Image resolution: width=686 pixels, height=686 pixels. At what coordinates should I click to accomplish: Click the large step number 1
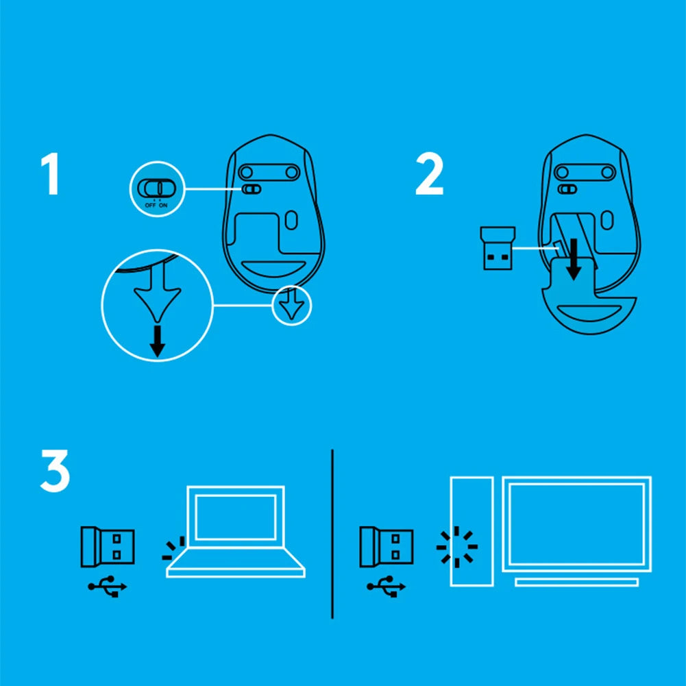tap(51, 173)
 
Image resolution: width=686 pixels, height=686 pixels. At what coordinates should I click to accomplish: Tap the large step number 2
tap(429, 173)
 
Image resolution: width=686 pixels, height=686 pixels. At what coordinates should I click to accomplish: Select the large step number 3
tap(55, 471)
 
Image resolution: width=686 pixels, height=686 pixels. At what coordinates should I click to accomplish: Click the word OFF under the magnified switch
tap(150, 205)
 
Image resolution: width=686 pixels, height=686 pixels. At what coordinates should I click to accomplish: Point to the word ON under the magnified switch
tap(163, 205)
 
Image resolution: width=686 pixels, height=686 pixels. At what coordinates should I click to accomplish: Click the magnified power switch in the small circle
tap(157, 188)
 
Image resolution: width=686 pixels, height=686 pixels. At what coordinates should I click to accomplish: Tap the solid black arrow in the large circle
tap(158, 341)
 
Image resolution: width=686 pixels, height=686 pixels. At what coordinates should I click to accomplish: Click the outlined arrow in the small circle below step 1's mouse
tap(292, 304)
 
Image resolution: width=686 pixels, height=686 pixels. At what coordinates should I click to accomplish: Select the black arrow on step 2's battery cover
tap(574, 260)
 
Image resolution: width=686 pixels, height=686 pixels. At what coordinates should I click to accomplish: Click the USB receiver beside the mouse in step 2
tap(498, 248)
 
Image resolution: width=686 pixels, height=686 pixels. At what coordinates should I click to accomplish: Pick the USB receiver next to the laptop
tap(108, 547)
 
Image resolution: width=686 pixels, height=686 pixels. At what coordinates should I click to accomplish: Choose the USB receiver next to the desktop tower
tap(387, 547)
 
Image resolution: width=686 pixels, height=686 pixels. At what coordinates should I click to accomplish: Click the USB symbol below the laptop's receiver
tap(108, 586)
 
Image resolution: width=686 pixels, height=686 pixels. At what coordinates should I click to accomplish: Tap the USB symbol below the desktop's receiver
tap(387, 586)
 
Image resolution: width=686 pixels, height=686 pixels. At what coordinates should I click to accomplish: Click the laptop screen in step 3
tap(235, 517)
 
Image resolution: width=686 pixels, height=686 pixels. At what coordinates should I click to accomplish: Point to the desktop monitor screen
tap(576, 524)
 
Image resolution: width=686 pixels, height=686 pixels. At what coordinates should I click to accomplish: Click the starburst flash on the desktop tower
tap(457, 547)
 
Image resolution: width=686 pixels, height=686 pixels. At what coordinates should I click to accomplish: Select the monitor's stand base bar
tap(576, 583)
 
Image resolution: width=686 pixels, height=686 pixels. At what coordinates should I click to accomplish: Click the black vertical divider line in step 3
tap(332, 534)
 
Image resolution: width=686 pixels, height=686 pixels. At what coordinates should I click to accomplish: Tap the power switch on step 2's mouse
tap(567, 189)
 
